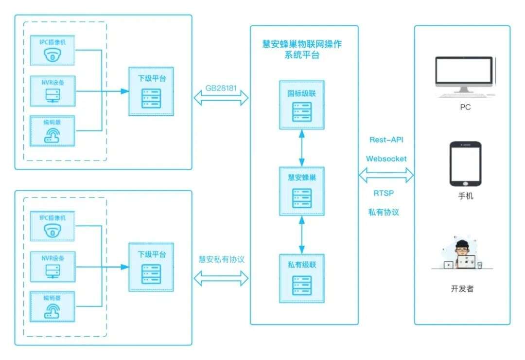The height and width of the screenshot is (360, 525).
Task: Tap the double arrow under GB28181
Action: pyautogui.click(x=221, y=98)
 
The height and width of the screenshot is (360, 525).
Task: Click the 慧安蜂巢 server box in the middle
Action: pyautogui.click(x=301, y=191)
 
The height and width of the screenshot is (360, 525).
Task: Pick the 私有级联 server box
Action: pyautogui.click(x=301, y=278)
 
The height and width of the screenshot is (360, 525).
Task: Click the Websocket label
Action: pyautogui.click(x=386, y=158)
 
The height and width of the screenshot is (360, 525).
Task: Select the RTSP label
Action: pyautogui.click(x=384, y=193)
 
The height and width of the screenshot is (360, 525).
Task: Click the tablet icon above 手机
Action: pyautogui.click(x=465, y=163)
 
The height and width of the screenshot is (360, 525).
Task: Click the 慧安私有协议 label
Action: pyautogui.click(x=221, y=259)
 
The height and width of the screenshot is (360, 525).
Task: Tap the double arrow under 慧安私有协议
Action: pyautogui.click(x=221, y=278)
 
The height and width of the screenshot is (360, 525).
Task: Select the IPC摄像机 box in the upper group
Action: pyautogui.click(x=52, y=50)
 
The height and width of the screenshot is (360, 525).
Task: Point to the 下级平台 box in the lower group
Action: pyautogui.click(x=152, y=268)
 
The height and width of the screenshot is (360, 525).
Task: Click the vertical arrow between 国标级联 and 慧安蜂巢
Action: pyautogui.click(x=302, y=148)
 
